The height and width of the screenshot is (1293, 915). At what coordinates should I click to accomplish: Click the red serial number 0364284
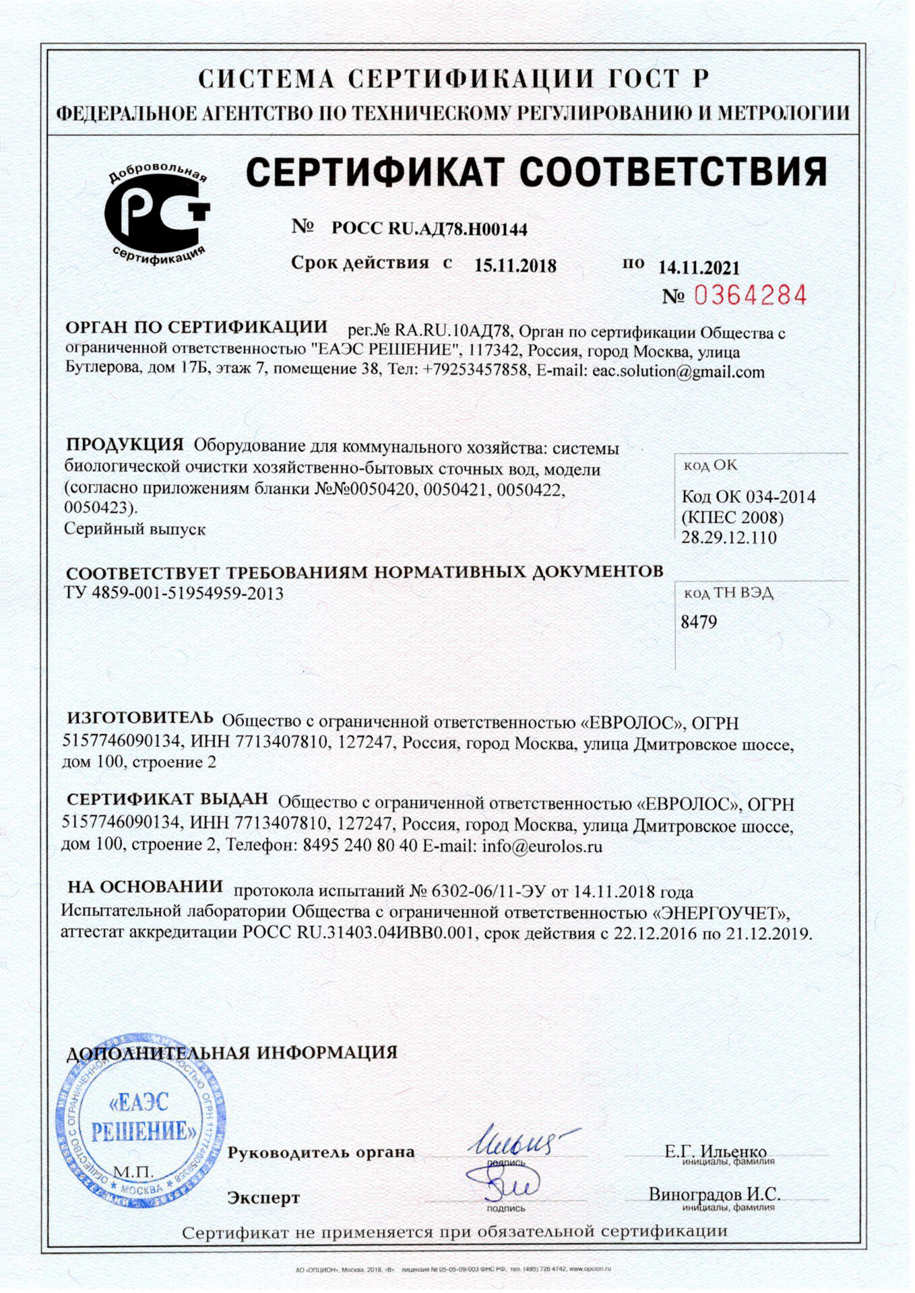click(x=749, y=295)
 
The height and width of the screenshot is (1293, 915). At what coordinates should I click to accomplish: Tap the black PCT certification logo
click(x=158, y=214)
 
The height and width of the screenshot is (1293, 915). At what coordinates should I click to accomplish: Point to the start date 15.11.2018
click(x=515, y=266)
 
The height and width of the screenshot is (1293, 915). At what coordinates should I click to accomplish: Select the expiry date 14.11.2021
click(x=698, y=268)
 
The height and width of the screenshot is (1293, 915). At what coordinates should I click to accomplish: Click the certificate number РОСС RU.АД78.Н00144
click(x=429, y=229)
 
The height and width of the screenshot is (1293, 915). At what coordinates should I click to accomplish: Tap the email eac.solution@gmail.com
click(x=678, y=372)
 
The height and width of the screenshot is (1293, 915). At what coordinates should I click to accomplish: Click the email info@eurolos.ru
click(x=542, y=847)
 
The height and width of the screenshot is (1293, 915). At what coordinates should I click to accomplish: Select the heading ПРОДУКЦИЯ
click(x=125, y=444)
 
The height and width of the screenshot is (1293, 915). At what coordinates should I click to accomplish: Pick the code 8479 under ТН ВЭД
click(x=699, y=622)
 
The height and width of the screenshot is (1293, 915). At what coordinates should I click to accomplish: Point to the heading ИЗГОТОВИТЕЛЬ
click(x=139, y=718)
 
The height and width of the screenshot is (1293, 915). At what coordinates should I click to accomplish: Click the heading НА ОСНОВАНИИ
click(x=145, y=887)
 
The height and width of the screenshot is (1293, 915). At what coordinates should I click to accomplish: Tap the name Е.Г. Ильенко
click(x=715, y=1151)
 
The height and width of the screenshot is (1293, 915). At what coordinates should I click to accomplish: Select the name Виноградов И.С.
click(x=714, y=1194)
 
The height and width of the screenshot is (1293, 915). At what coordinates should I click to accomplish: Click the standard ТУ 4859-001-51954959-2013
click(x=174, y=594)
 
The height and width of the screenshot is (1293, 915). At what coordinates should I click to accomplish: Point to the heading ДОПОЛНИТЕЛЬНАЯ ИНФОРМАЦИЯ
click(x=232, y=1053)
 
